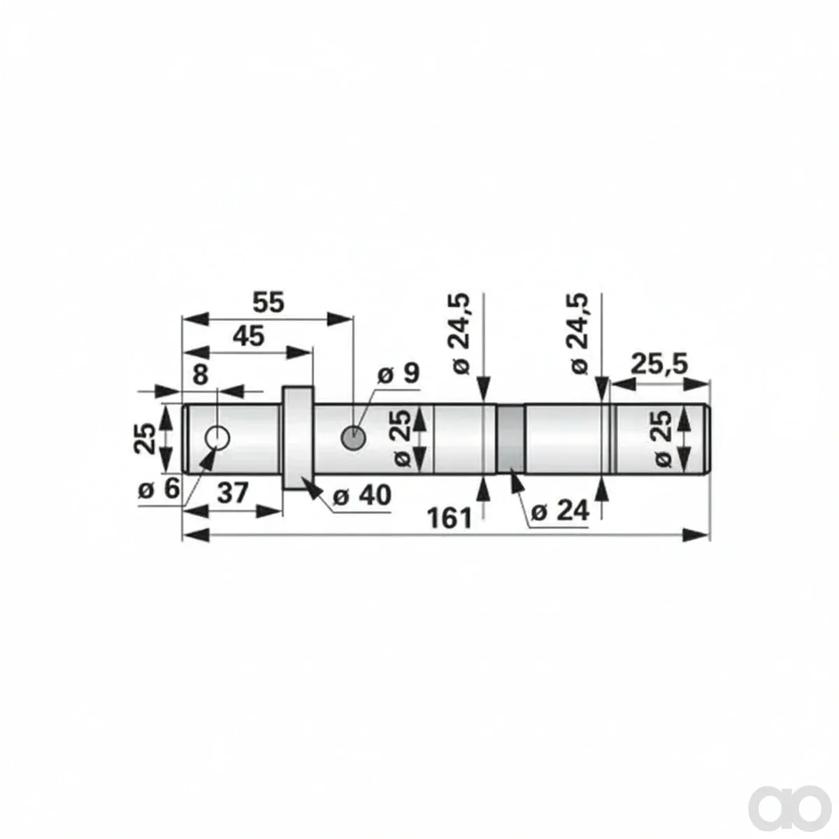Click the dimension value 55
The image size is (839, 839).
point(268,302)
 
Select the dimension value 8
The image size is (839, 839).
point(200,375)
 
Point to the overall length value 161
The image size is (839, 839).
point(450,519)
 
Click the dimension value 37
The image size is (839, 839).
point(233,494)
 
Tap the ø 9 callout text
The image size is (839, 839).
point(398,373)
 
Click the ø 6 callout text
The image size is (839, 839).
point(159,490)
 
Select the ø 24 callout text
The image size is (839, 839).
point(560,510)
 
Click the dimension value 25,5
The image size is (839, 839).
point(659,364)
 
